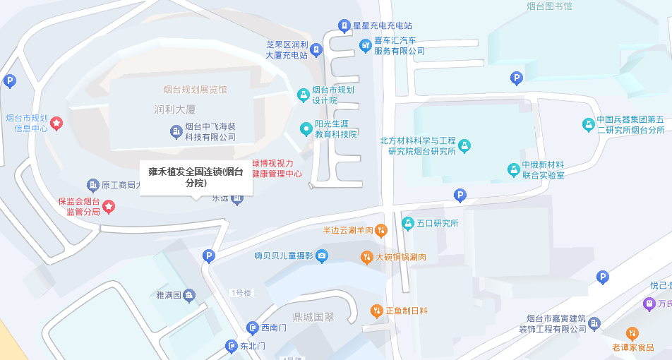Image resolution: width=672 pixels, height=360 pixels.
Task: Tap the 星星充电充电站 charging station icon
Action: tap(344, 26)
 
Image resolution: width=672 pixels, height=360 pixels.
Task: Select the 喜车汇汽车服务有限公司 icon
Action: tap(365, 46)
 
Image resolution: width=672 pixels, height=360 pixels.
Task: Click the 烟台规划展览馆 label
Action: tap(196, 90)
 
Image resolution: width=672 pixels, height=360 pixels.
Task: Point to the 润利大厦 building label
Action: tap(174, 109)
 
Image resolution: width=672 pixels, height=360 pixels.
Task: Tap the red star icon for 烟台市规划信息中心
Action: tap(57, 124)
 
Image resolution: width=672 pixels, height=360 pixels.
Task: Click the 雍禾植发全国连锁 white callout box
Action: tap(196, 177)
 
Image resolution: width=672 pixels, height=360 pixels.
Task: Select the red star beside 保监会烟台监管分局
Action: tap(109, 206)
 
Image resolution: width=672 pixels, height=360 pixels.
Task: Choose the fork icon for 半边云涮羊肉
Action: tap(380, 229)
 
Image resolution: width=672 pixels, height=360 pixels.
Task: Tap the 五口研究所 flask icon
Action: tap(407, 224)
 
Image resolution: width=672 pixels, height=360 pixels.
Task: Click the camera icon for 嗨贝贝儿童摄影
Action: tap(322, 256)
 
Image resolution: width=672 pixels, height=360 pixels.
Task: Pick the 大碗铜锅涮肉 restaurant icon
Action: tap(366, 257)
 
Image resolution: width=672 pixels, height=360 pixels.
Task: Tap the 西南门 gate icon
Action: tap(252, 328)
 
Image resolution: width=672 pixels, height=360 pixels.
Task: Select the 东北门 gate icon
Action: tap(231, 346)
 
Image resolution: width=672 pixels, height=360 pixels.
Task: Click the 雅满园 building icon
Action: tap(189, 295)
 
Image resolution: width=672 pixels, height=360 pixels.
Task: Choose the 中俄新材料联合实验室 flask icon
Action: tap(513, 169)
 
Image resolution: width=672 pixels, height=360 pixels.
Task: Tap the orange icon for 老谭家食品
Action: tap(632, 333)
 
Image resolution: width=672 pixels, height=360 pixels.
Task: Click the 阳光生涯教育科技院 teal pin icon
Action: tap(306, 128)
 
